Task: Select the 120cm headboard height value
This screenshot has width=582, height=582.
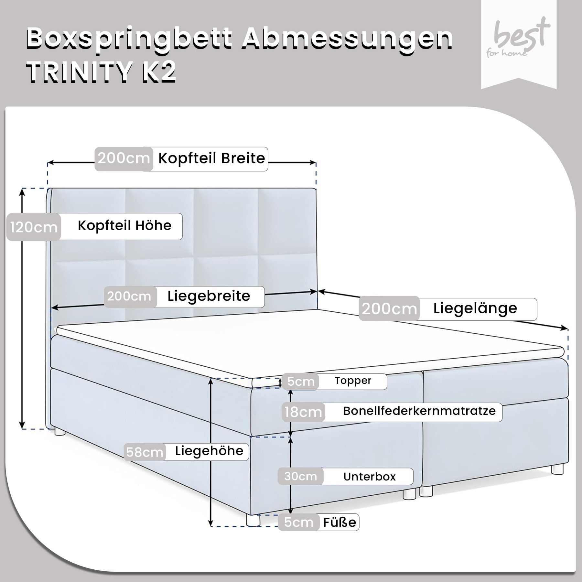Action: click(34, 227)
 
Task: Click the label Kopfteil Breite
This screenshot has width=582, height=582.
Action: click(211, 158)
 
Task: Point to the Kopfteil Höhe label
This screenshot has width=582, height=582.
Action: click(124, 225)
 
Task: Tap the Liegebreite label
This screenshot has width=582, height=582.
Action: click(209, 296)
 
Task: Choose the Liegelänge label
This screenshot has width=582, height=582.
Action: click(475, 308)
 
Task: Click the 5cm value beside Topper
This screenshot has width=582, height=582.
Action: click(301, 382)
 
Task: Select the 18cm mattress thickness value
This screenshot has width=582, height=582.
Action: click(303, 412)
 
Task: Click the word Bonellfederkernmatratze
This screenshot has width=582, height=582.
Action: click(419, 411)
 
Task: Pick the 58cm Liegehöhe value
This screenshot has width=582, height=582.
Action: click(145, 452)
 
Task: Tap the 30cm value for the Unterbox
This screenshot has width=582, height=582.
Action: click(300, 476)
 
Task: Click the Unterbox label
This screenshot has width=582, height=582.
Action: click(370, 477)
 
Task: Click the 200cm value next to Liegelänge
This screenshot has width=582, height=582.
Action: click(389, 309)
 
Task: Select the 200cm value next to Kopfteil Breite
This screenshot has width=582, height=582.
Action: click(124, 158)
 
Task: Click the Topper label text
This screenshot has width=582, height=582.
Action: click(353, 381)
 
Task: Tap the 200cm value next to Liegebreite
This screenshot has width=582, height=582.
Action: click(129, 296)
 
